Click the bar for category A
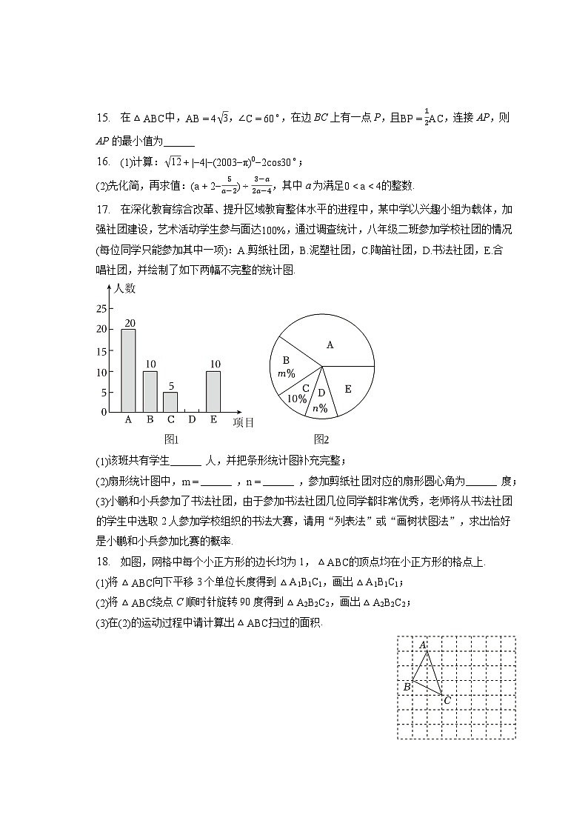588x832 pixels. click(128, 370)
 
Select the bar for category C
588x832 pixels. click(170, 401)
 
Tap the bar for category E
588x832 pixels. click(213, 390)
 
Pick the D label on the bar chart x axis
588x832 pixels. click(192, 420)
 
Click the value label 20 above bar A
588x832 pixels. click(129, 323)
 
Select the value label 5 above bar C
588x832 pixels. click(171, 386)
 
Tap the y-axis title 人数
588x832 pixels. click(125, 289)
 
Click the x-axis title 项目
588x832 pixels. click(244, 422)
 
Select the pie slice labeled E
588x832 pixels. click(348, 389)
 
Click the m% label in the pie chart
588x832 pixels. click(286, 367)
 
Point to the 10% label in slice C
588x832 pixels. click(298, 393)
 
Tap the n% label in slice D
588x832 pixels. click(320, 402)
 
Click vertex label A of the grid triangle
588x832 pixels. click(424, 645)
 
